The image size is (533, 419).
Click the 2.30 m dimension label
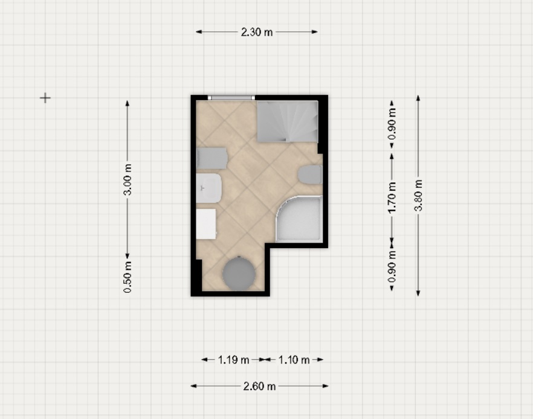click(x=257, y=32)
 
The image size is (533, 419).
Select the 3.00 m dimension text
click(x=128, y=180)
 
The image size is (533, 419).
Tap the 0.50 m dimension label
click(x=128, y=277)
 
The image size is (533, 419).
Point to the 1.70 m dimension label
click(x=392, y=197)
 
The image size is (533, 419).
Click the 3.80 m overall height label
click(x=418, y=196)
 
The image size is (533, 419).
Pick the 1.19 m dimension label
click(x=233, y=360)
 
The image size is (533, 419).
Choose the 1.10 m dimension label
click(x=294, y=360)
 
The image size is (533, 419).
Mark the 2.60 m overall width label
click(x=259, y=386)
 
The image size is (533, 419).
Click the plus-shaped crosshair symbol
click(x=45, y=98)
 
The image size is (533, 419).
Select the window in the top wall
click(x=231, y=98)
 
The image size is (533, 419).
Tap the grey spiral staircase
click(x=288, y=121)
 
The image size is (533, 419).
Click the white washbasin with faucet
click(x=209, y=188)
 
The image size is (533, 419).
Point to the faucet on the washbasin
click(x=202, y=188)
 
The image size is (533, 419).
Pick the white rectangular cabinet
click(x=206, y=224)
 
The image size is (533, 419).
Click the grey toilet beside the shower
click(x=310, y=175)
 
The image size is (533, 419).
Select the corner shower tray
click(x=299, y=219)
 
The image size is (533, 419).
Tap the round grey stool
click(x=239, y=273)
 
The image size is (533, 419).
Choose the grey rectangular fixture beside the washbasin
click(x=212, y=158)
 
